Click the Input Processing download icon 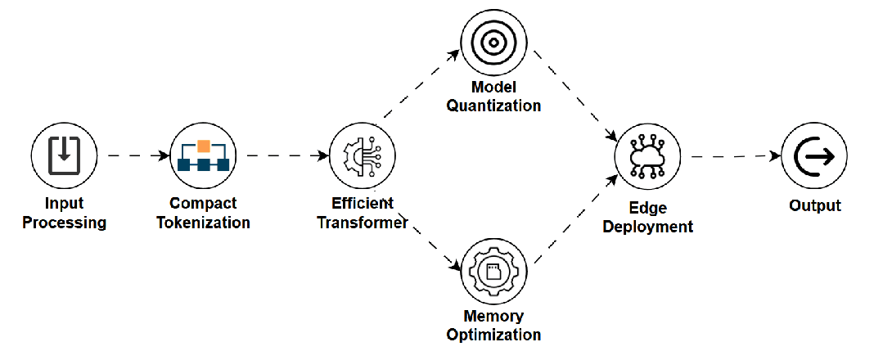pyautogui.click(x=64, y=155)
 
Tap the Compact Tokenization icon pyautogui.click(x=203, y=155)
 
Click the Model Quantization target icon pyautogui.click(x=493, y=43)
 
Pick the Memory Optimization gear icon pyautogui.click(x=493, y=272)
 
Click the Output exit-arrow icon pyautogui.click(x=814, y=156)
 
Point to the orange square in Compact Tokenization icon pyautogui.click(x=204, y=146)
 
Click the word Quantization pyautogui.click(x=493, y=106)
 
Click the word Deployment pyautogui.click(x=648, y=227)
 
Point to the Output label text pyautogui.click(x=814, y=205)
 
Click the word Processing pyautogui.click(x=64, y=223)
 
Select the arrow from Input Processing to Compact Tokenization pyautogui.click(x=133, y=155)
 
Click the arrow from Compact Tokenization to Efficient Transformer pyautogui.click(x=282, y=155)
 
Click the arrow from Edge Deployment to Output pyautogui.click(x=732, y=155)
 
